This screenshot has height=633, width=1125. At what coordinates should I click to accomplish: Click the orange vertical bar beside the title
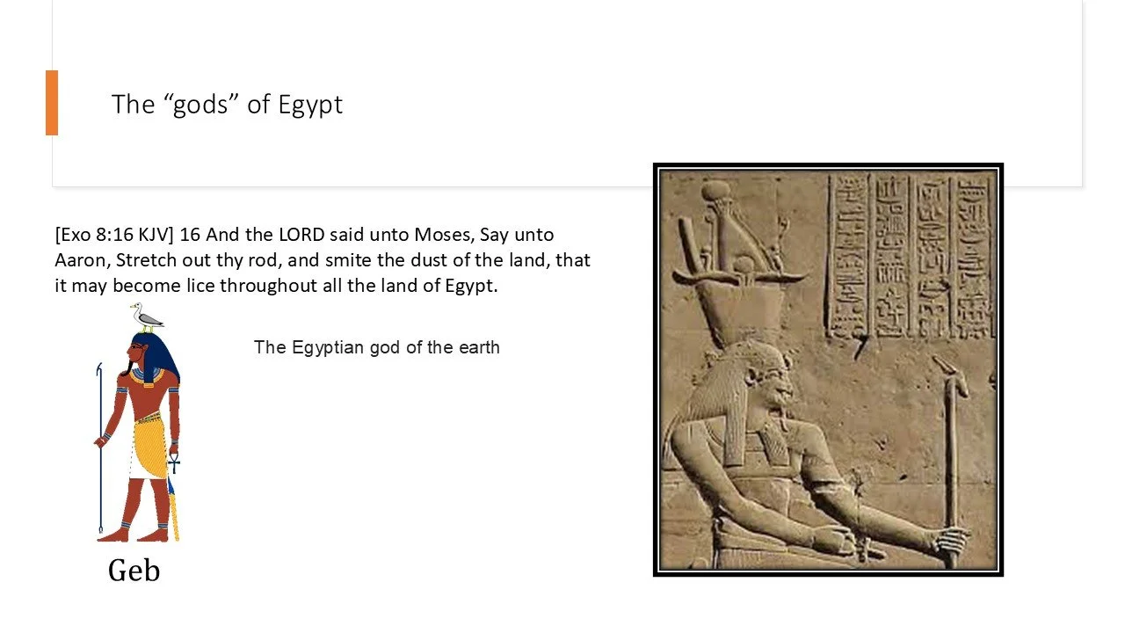pos(52,103)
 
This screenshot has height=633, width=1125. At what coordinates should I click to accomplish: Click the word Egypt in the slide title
pos(310,105)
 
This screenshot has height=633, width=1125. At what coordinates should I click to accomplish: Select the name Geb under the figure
pos(134,571)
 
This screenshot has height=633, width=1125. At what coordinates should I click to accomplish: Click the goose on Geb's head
pos(147,317)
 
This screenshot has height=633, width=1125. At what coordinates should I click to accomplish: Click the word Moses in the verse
pos(446,236)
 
